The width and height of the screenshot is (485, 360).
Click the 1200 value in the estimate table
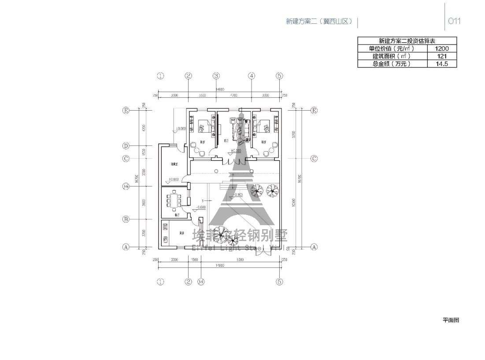[442, 48]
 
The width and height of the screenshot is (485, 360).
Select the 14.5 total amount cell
[442, 63]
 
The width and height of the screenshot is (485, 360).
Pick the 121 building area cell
[442, 56]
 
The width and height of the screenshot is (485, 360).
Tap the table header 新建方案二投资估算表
[407, 41]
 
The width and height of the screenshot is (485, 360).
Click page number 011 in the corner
[454, 21]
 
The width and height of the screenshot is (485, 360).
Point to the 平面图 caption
[451, 320]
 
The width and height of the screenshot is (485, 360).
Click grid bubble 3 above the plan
[216, 76]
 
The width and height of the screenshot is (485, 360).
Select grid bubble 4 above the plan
[252, 76]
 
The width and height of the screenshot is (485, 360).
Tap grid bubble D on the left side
[126, 146]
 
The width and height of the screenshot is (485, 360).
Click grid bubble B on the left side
[126, 219]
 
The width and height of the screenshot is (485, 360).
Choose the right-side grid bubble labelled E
[314, 111]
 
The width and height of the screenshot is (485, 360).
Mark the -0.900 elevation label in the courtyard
[237, 194]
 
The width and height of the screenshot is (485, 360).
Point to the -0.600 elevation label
[200, 207]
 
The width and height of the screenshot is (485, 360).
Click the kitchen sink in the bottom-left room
[166, 240]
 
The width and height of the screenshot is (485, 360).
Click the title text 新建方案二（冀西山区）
[319, 21]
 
